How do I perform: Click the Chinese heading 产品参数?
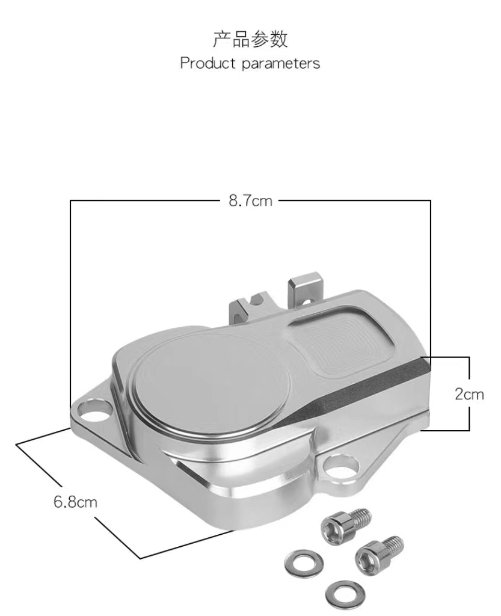tap(250, 40)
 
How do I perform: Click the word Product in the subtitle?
tap(208, 63)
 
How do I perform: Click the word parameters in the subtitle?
tap(281, 64)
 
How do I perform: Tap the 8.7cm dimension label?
tap(250, 201)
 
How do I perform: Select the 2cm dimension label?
tap(469, 394)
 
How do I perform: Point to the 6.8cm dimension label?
tap(75, 501)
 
